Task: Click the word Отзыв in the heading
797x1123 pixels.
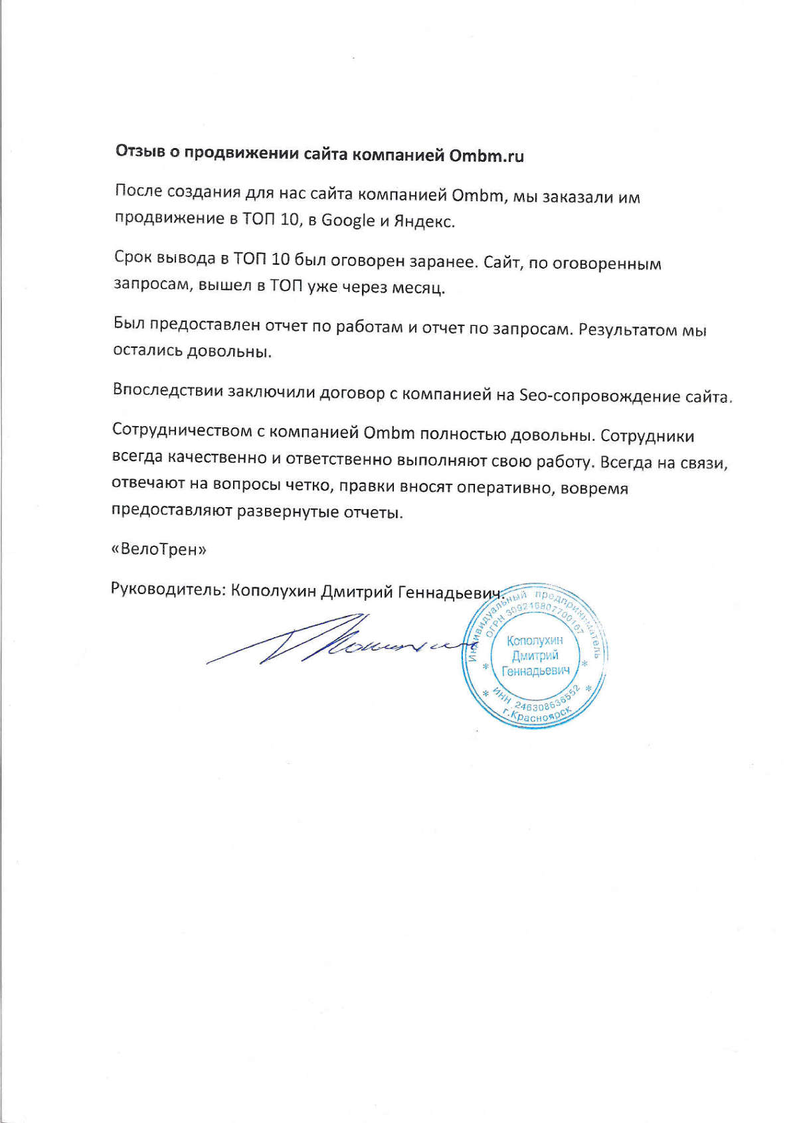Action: tap(139, 152)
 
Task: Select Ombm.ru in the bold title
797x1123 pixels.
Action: tap(486, 157)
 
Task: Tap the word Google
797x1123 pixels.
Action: tap(348, 220)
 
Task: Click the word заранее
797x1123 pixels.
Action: tap(443, 262)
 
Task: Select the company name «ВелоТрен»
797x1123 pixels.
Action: tap(159, 550)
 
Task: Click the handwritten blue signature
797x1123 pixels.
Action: tap(332, 640)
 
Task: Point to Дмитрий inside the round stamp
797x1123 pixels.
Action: tap(535, 656)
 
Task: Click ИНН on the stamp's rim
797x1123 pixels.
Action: tap(501, 696)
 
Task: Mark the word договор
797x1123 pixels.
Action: tap(351, 393)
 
